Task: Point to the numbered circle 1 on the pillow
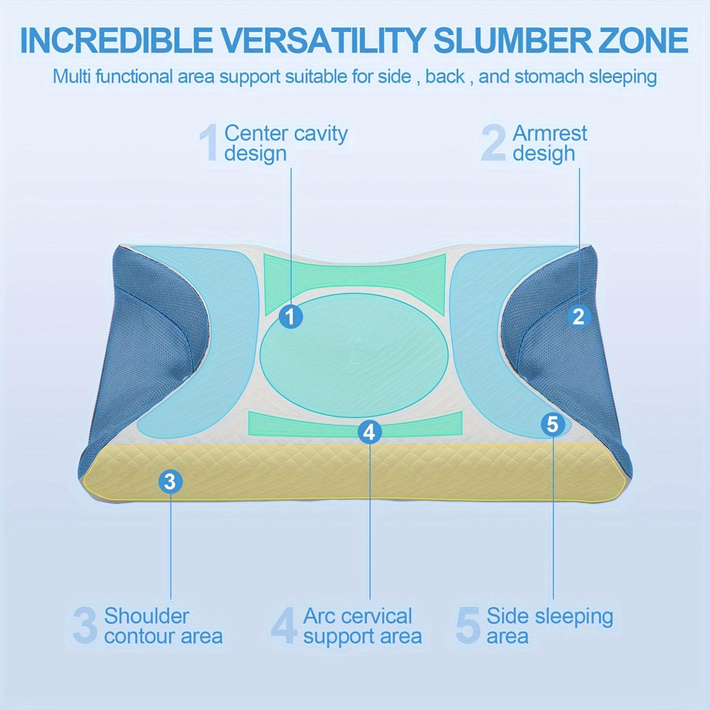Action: tap(291, 317)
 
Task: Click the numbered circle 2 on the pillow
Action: tap(578, 317)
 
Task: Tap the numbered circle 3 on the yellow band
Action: tap(170, 481)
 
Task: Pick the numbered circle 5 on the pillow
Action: tap(552, 425)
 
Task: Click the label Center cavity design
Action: tap(286, 143)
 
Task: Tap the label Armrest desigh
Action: tap(550, 143)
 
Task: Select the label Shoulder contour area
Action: tap(163, 626)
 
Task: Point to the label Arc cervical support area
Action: tap(362, 626)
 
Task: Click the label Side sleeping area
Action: tap(550, 626)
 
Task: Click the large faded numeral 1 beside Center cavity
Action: tap(209, 143)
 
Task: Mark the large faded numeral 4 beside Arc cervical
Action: tap(284, 626)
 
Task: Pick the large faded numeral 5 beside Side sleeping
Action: tap(468, 626)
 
